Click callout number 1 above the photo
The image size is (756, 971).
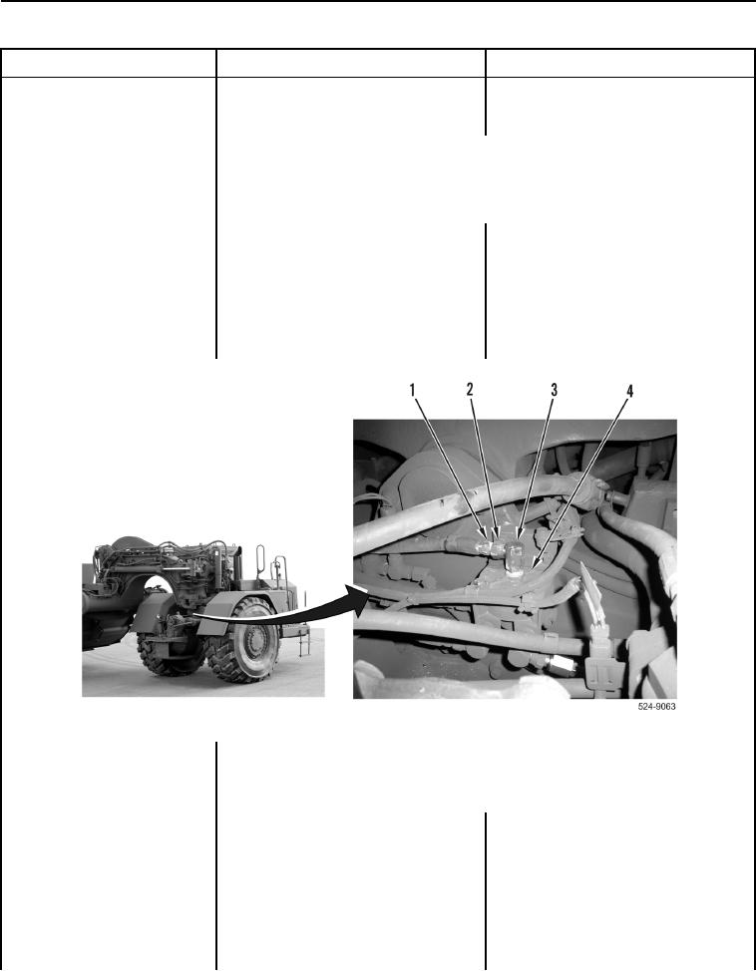coord(412,390)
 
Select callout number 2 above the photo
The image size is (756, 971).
coord(470,389)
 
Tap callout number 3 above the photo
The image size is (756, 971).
coord(554,390)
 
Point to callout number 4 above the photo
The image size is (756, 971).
coord(629,391)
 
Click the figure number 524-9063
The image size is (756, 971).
coord(657,707)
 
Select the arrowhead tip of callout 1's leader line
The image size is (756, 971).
coord(487,535)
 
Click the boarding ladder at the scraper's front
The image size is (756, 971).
coord(303,638)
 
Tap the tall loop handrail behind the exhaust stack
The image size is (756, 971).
coord(260,560)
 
